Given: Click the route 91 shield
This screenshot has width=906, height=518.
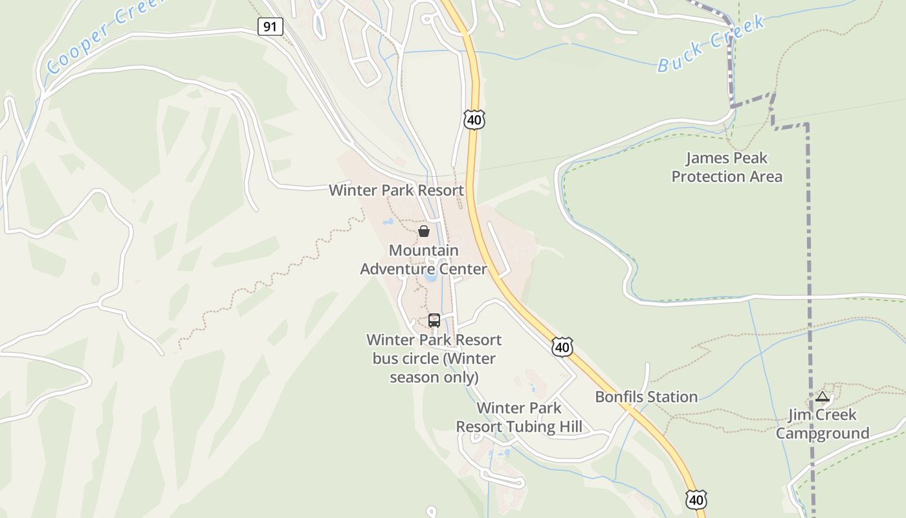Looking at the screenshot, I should point(270,27).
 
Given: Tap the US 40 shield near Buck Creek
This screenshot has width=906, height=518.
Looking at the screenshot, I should point(474,119).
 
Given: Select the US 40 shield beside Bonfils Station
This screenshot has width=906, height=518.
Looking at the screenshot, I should point(562,346).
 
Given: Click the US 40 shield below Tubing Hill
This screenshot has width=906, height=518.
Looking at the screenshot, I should point(696,499).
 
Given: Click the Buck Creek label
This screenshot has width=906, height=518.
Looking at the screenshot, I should point(711,43).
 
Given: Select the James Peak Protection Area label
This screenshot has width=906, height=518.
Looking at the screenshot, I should point(726,167).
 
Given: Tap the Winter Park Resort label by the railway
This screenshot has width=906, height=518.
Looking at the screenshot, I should point(396,190).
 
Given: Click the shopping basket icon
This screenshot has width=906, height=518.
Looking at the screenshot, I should point(424,231).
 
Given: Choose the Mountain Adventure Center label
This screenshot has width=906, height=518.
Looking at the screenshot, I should point(423,260).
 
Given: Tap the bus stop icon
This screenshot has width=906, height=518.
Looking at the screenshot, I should point(434,320).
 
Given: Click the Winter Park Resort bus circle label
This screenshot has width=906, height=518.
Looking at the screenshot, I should point(434,358).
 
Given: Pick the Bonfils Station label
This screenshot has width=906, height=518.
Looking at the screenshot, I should point(646,397).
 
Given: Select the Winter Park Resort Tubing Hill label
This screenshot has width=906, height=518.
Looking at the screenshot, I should point(519,418).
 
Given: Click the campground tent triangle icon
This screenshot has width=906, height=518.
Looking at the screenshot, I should point(823,396).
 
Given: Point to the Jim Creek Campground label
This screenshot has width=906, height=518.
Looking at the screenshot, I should point(822,424).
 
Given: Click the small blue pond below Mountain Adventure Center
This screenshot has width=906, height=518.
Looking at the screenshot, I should point(430,277).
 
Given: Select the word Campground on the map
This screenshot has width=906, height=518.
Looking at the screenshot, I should point(822,433).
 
